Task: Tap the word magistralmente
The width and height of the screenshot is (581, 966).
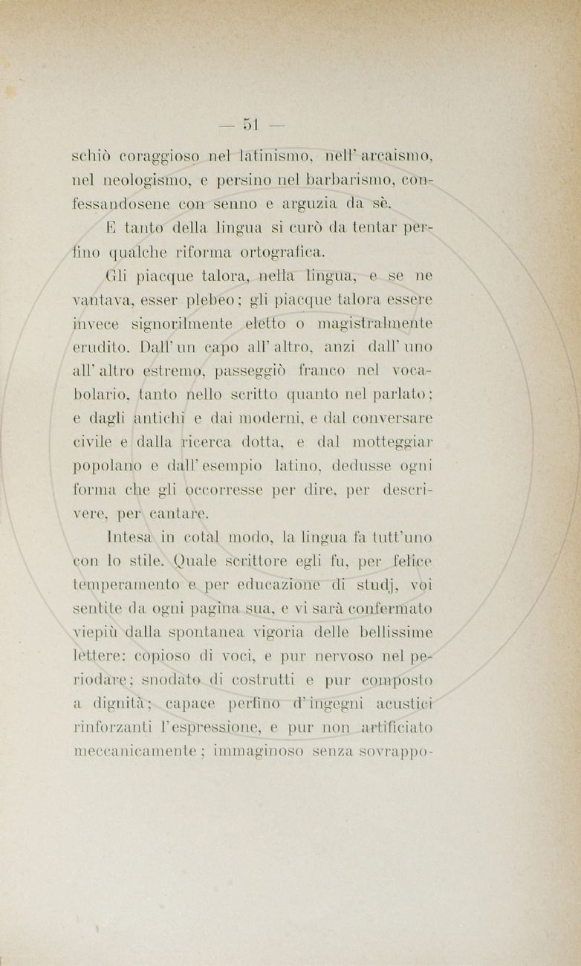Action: click(375, 323)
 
